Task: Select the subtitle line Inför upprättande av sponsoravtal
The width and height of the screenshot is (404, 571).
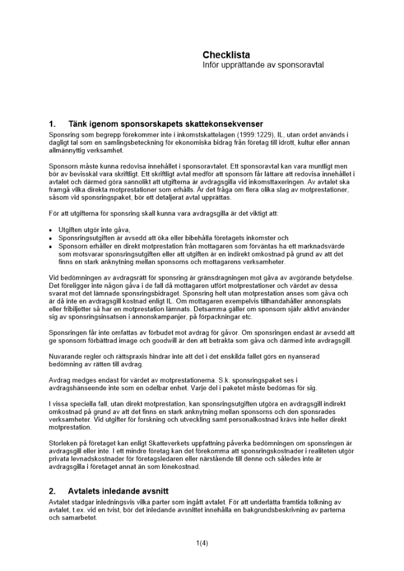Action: (263, 65)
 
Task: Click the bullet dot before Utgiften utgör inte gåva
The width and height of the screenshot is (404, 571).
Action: (51, 229)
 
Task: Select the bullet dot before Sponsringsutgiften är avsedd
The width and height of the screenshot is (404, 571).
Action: (51, 238)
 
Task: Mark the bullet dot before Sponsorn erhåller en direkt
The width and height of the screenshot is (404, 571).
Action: (51, 246)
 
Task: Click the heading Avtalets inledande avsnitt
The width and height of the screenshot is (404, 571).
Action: (118, 490)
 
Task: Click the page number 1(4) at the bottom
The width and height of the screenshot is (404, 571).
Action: (202, 543)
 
